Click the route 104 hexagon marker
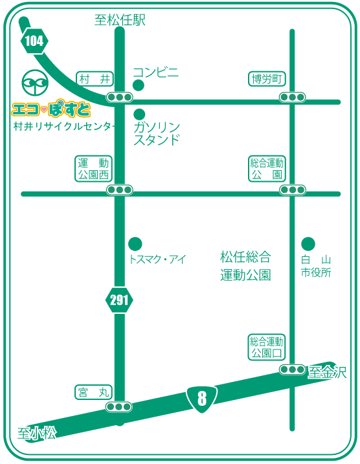(34, 41)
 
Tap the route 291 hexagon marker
(119, 300)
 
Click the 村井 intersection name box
(95, 79)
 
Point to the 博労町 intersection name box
(267, 79)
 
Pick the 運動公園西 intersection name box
(93, 169)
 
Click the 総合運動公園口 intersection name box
(267, 348)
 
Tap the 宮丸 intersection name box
(93, 392)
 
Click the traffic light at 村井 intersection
(119, 97)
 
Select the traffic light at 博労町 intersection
(292, 97)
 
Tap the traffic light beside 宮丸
(118, 407)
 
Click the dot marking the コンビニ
(139, 85)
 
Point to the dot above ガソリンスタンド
(139, 115)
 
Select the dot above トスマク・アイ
(135, 244)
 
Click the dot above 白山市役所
(308, 244)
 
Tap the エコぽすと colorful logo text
(51, 109)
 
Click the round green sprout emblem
(35, 83)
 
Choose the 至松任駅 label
(120, 21)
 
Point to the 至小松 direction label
(37, 434)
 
